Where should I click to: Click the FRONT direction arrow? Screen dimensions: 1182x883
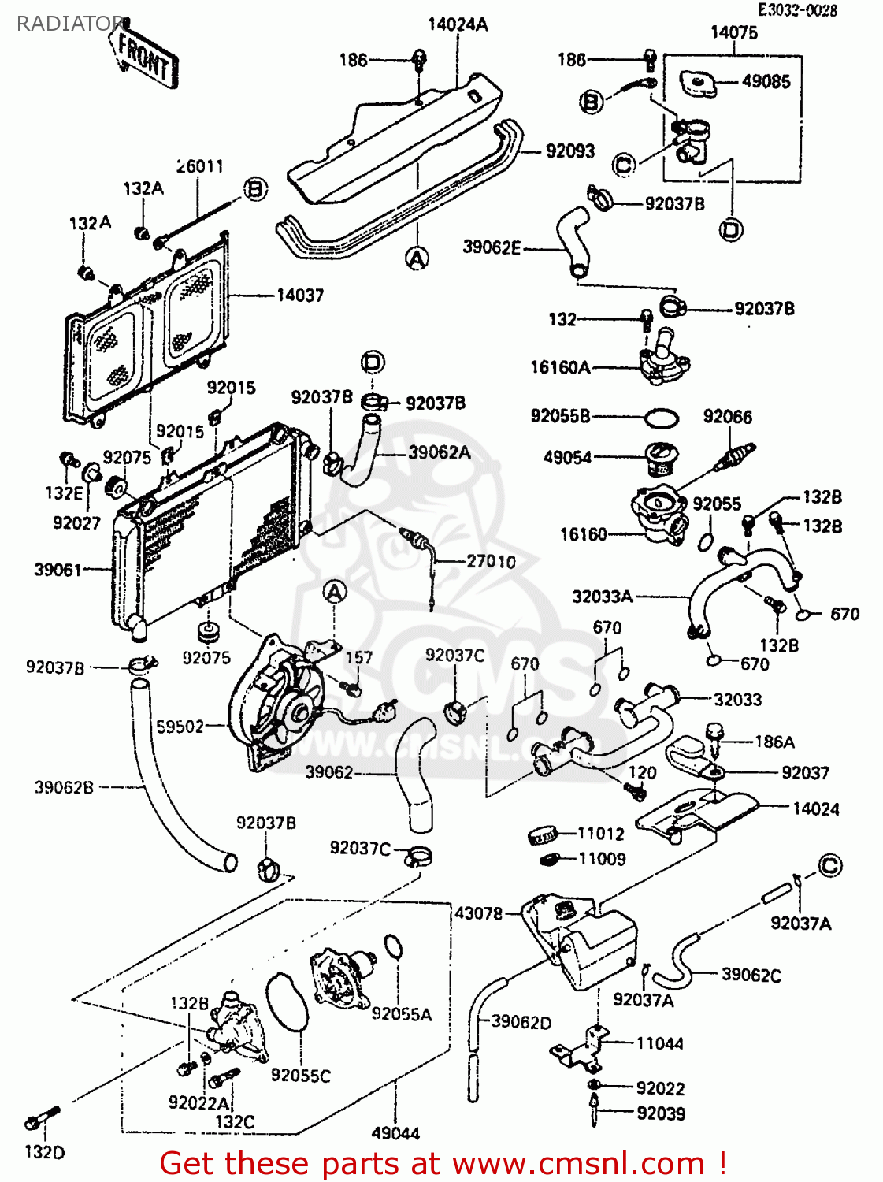click(146, 57)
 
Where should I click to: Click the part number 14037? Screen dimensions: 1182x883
click(300, 295)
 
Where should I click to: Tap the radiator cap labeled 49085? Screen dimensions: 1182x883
click(698, 83)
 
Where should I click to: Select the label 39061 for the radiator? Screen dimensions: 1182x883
click(58, 570)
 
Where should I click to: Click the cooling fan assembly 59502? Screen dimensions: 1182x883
click(276, 701)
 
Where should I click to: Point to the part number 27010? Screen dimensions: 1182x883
click(491, 562)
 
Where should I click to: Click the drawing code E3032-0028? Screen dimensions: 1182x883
click(797, 10)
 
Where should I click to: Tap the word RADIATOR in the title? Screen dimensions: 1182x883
click(69, 24)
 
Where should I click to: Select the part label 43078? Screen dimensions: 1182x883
click(477, 913)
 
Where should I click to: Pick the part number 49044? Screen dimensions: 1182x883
click(395, 1134)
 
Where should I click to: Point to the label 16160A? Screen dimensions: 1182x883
click(560, 367)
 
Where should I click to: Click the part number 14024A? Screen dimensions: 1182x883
click(458, 25)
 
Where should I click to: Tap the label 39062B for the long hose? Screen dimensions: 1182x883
click(64, 787)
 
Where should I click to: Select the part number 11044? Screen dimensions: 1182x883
click(659, 1044)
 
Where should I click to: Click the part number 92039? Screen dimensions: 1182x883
click(660, 1113)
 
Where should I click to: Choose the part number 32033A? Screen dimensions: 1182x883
click(602, 597)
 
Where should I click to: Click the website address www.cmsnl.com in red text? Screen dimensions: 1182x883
click(578, 1163)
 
